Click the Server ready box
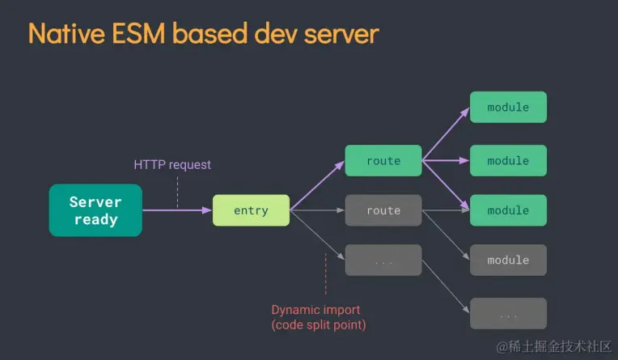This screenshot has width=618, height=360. [95, 210]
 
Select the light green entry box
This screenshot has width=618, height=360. [251, 210]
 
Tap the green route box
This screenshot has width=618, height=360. [383, 161]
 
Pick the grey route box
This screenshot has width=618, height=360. [383, 210]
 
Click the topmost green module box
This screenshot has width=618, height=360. [508, 107]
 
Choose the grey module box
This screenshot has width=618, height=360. [508, 260]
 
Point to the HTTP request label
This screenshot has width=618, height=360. [172, 165]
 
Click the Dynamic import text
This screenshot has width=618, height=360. [315, 310]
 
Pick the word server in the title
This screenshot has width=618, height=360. [339, 34]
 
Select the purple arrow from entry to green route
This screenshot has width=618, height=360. [317, 186]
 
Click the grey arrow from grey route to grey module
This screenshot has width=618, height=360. [446, 235]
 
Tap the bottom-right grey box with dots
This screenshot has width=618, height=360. [508, 313]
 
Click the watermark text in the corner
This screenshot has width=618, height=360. [553, 347]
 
